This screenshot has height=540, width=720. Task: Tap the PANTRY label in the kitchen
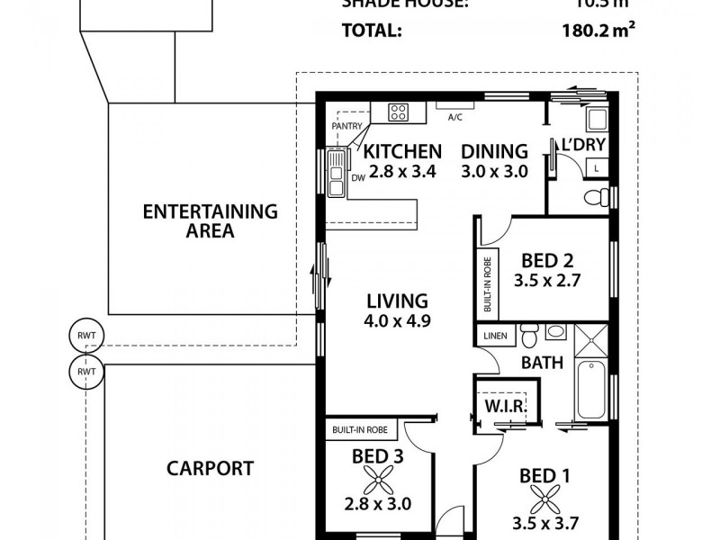point(346,127)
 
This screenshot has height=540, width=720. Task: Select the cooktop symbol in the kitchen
point(399,112)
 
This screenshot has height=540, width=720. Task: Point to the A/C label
point(455,117)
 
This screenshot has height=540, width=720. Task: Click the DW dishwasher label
point(357,177)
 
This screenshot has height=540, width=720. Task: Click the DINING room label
point(494,151)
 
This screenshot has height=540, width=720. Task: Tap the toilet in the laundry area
point(595,196)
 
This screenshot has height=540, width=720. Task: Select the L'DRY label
point(583,145)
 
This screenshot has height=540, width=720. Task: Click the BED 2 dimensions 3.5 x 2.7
point(547,280)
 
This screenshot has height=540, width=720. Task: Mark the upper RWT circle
point(86,337)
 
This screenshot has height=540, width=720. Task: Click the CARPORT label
point(210,468)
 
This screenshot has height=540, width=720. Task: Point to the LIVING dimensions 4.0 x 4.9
point(396,319)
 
